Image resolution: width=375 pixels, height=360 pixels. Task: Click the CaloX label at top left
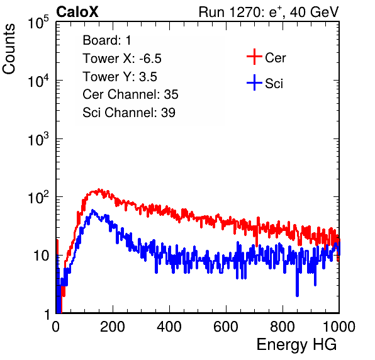tap(77, 12)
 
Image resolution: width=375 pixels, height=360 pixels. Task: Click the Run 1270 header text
tap(269, 12)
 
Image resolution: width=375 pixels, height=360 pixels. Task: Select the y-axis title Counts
tap(9, 49)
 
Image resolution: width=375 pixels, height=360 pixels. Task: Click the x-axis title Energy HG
tap(296, 345)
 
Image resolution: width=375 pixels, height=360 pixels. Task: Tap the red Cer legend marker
tap(254, 57)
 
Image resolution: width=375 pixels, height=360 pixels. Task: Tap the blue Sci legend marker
tap(254, 82)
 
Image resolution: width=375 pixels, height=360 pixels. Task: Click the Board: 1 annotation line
tap(107, 40)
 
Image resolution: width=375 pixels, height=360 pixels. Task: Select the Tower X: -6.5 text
tap(122, 59)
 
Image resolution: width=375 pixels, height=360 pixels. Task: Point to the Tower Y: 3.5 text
tap(120, 77)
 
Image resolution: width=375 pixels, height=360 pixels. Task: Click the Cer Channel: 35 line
tap(130, 94)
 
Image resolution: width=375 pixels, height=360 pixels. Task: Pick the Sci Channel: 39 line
tap(129, 113)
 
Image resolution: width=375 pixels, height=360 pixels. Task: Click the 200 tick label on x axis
tap(113, 327)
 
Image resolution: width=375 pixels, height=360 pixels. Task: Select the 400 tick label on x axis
tap(169, 327)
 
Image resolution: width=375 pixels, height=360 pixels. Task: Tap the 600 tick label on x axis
tap(226, 327)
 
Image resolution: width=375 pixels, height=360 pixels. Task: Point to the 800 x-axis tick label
tap(283, 327)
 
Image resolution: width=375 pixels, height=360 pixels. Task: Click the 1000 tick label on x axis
tap(339, 327)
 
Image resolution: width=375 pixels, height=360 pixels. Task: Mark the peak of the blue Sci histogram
tap(92, 210)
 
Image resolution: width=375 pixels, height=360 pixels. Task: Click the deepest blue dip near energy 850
tap(297, 295)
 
